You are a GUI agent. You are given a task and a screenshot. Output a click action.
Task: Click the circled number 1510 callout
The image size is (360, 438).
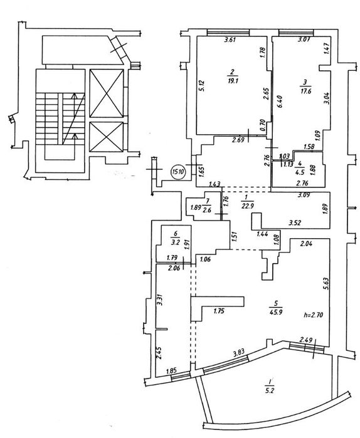[x=178, y=171]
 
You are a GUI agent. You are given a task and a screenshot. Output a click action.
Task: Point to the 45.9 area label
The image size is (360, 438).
[x=277, y=312]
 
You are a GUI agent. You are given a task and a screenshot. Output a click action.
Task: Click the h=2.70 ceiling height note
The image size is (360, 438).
[x=313, y=315]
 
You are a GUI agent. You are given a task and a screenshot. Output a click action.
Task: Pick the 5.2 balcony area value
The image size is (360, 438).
[x=270, y=390]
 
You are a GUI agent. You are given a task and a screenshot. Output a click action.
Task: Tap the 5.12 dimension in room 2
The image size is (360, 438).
[x=203, y=86]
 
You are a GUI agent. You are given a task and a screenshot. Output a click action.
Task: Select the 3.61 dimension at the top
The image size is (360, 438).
[x=231, y=39]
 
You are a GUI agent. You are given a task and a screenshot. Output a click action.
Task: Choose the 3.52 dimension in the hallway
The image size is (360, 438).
[x=295, y=222]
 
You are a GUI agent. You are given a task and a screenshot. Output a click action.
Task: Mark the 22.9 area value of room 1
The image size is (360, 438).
[x=247, y=206]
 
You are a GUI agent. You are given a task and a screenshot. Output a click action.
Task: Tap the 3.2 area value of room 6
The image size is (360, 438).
[x=175, y=242]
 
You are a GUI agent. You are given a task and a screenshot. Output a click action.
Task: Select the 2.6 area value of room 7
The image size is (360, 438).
[x=208, y=210]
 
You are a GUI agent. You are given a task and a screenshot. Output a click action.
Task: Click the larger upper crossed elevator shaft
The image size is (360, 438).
[x=106, y=93]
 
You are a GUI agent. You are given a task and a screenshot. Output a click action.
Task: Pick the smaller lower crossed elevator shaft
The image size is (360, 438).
[x=106, y=137]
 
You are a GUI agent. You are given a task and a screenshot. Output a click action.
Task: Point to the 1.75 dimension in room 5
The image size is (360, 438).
[x=218, y=311]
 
